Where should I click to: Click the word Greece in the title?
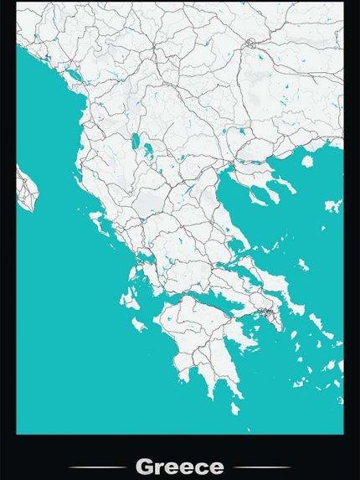[179, 466]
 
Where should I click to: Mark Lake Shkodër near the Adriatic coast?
[75, 74]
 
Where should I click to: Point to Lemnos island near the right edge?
[332, 205]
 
